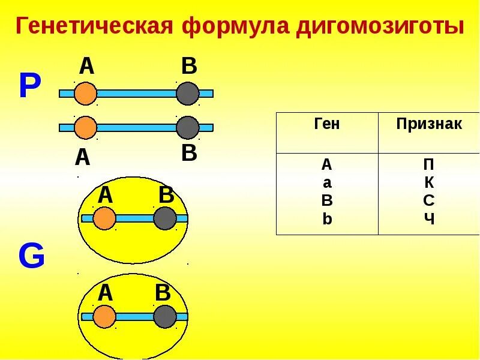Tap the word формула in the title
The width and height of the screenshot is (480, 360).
237,26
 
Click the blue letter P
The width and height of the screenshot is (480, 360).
30,88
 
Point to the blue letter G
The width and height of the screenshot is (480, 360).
31,257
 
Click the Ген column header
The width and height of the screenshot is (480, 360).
327,124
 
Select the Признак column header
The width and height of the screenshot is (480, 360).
429,124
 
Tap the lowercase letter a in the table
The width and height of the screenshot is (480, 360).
327,182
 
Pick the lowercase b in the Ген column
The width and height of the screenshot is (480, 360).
327,218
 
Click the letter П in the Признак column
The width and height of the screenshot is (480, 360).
429,164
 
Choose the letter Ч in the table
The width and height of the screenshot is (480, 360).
429,218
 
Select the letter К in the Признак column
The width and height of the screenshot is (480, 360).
429,182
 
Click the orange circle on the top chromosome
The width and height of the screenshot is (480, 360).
86,94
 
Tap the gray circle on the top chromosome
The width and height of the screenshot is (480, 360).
188,94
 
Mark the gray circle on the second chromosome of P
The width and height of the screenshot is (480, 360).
188,127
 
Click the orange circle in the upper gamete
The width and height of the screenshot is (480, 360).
104,218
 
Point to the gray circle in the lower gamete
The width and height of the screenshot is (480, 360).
165,316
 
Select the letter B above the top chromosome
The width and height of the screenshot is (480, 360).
189,67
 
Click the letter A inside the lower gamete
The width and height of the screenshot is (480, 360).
105,293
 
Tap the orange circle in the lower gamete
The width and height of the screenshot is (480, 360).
104,316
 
